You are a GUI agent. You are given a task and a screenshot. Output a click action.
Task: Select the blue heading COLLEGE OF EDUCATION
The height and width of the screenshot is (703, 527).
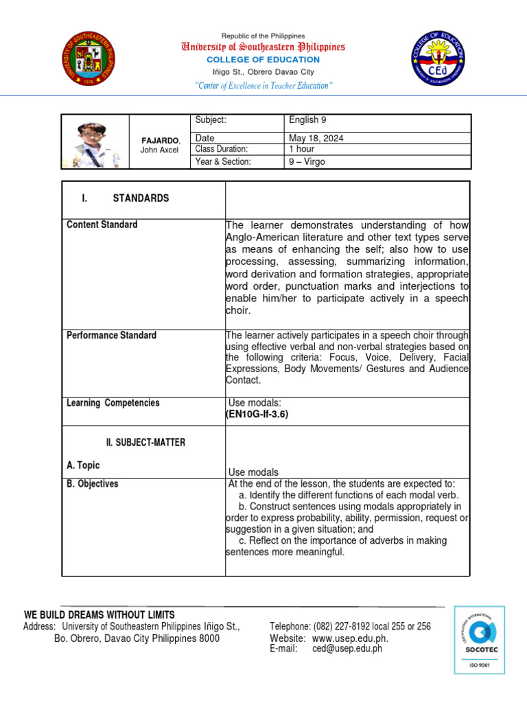pos(263,60)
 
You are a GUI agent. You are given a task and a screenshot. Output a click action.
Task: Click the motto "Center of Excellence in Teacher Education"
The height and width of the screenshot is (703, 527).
pos(263,85)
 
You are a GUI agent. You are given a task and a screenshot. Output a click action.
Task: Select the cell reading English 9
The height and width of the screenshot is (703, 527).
pos(308,120)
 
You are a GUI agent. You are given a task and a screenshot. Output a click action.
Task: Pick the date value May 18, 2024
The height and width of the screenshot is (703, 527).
pos(316,138)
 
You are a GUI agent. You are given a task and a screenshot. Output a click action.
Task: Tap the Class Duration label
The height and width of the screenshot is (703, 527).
pos(221,149)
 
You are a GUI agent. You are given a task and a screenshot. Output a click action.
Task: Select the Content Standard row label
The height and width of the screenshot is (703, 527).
pos(102,225)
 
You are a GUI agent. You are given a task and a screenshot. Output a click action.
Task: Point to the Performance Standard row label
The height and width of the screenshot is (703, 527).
pos(111,336)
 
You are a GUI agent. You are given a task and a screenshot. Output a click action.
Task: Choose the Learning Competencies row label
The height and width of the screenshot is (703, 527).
pos(113,403)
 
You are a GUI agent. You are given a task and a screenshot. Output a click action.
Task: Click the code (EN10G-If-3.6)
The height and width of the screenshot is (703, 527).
pos(257,415)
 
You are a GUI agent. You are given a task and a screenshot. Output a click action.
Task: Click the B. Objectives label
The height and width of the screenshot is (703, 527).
pos(92,484)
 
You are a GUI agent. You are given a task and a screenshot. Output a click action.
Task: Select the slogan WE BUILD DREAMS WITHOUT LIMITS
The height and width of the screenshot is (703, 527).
pos(99,614)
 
